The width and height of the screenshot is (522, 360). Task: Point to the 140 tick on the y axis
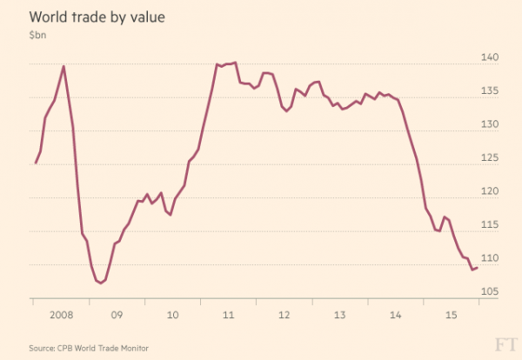coord(490,58)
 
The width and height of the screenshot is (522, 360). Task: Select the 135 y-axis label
coord(490,91)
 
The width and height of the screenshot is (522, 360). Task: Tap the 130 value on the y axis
coord(490,125)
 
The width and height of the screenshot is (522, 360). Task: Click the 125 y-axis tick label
coord(490,158)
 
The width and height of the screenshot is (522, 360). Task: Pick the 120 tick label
coord(490,191)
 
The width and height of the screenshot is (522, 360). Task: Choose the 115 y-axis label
coord(490,225)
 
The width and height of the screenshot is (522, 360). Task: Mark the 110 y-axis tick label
coord(490,258)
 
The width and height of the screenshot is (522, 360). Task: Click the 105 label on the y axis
coord(490,291)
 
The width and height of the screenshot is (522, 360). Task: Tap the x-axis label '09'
coord(116,313)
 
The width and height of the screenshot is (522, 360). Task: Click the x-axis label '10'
coord(172,313)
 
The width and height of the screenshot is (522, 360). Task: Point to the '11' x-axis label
coord(228,313)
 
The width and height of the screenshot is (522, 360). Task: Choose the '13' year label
coord(340,313)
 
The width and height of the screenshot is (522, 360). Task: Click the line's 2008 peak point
coord(64,66)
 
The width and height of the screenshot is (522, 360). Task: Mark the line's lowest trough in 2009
coord(102,283)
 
